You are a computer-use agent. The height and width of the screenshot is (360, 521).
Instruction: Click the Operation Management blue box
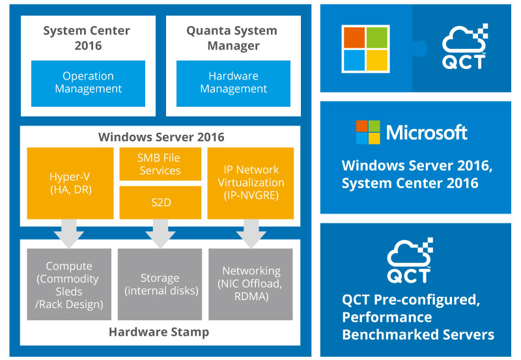point(88,83)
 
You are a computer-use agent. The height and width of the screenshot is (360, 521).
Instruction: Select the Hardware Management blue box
point(233,83)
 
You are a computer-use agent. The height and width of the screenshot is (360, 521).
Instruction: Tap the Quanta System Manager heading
point(232,38)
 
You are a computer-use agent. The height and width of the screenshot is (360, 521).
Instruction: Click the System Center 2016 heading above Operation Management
point(87,38)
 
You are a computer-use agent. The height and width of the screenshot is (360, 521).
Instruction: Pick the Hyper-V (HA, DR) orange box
point(70,184)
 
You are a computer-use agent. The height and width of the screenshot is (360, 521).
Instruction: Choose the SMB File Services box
point(160,164)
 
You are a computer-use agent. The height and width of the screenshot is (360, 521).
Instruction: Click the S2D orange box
point(160,202)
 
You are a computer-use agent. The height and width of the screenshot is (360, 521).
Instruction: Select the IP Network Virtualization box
point(251,184)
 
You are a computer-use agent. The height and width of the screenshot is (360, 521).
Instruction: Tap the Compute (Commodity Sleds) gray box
point(69,284)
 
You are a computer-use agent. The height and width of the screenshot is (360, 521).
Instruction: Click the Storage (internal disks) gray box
point(160,284)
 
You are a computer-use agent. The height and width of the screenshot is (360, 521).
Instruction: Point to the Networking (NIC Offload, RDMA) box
point(251,284)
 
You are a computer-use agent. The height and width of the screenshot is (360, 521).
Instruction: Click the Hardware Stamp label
point(159,332)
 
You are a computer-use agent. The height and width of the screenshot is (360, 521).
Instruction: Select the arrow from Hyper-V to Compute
point(69,234)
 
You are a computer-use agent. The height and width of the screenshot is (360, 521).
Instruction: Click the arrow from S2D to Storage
point(160,234)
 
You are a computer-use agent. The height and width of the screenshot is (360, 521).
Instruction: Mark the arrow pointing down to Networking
point(251,234)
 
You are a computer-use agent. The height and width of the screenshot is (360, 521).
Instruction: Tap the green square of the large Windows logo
point(377,38)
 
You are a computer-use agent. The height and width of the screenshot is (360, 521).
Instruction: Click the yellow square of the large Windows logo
point(377,60)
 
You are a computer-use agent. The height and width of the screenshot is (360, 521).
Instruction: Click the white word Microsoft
point(427,133)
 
